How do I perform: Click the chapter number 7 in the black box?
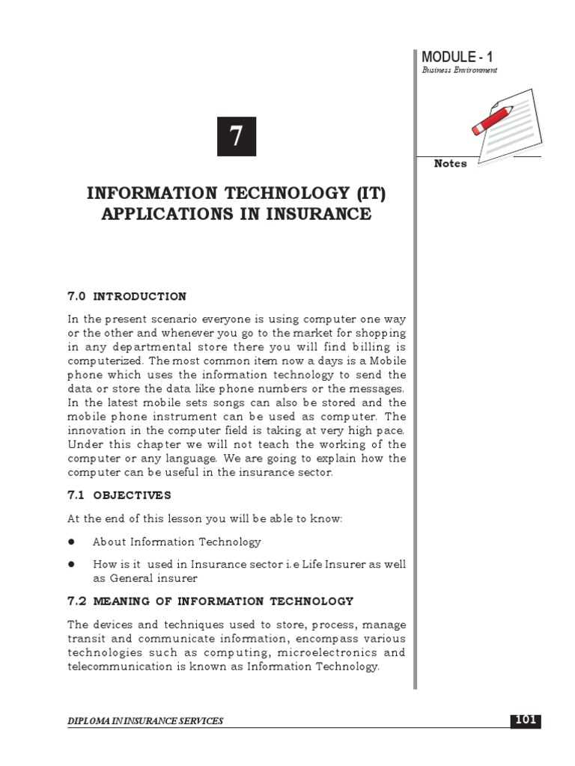point(237,137)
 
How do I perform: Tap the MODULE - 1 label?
point(457,57)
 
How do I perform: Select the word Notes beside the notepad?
point(450,164)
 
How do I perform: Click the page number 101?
point(525,720)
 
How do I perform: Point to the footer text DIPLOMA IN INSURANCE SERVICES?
point(145,721)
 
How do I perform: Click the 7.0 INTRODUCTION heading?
point(127,296)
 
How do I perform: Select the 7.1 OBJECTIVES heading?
point(119,495)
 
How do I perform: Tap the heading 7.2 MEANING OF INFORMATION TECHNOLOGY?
point(210,601)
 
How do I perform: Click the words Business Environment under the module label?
point(460,70)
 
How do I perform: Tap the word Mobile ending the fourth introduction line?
point(387,361)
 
